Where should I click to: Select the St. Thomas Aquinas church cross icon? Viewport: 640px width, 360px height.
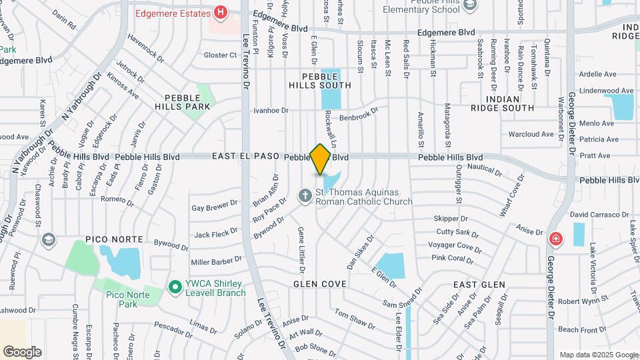click(305, 196)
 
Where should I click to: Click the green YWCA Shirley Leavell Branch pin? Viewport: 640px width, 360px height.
click(175, 287)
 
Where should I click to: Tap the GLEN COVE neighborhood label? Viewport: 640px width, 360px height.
click(320, 284)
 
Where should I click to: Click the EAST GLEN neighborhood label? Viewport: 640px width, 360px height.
click(479, 285)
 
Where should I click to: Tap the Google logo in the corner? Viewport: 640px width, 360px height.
click(22, 351)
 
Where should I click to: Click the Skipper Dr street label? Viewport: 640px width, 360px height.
click(451, 219)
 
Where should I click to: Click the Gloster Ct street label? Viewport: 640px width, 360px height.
click(220, 55)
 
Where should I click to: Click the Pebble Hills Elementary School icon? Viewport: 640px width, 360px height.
click(471, 5)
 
